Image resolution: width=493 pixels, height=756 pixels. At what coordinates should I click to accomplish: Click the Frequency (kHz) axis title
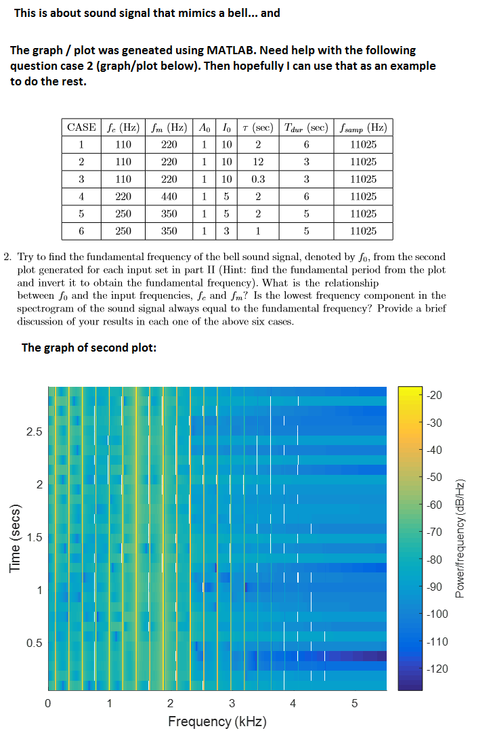217,721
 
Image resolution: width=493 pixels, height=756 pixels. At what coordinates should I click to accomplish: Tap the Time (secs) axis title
16,538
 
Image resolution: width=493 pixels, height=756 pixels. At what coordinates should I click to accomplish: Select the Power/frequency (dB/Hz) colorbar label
460,539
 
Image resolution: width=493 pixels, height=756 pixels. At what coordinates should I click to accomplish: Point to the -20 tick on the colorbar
435,396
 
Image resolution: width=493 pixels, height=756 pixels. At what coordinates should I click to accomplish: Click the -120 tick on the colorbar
437,669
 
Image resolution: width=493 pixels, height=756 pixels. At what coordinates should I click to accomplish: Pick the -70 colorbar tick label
435,532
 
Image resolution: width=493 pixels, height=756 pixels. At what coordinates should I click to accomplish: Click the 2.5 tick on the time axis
35,432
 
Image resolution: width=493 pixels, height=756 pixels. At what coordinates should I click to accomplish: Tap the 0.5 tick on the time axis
35,643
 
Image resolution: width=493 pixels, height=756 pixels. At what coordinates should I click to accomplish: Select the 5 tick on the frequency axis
355,703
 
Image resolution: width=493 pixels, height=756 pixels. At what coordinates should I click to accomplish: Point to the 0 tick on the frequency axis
47,703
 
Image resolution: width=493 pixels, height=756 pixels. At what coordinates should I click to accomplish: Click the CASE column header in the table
81,127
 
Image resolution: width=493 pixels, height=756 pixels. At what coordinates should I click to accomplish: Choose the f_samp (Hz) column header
364,128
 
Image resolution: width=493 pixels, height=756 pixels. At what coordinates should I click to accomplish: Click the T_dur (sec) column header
306,128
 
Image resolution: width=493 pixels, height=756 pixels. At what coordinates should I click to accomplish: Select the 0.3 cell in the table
258,180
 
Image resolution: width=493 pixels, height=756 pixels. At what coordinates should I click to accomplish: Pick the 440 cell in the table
169,196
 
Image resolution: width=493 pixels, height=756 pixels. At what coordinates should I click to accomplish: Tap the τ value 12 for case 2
258,162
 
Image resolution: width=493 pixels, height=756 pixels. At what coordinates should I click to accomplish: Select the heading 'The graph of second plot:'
89,348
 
